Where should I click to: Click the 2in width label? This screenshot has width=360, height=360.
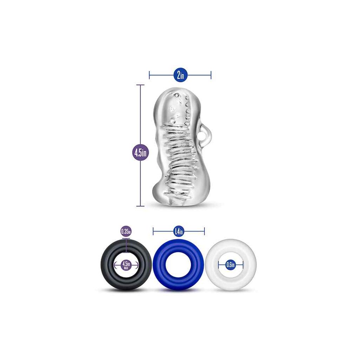tap(180, 75)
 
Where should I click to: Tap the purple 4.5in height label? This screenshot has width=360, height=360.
tap(141, 152)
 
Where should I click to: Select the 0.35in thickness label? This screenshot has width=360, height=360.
tap(126, 231)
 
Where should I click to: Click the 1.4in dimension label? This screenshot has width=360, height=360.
tap(179, 231)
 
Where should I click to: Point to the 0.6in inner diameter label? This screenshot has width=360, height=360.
tap(231, 265)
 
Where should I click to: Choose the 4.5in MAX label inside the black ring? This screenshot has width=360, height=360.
tap(126, 265)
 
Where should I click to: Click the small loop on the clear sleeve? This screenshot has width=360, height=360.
tap(203, 130)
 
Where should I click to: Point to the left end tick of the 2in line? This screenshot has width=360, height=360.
tap(149, 75)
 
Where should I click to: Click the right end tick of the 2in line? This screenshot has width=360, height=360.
tap(211, 75)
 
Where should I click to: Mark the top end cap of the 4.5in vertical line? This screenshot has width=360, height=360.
tap(140, 85)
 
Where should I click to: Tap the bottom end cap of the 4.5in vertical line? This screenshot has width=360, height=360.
tap(140, 206)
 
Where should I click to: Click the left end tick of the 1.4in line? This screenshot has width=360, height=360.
tap(153, 231)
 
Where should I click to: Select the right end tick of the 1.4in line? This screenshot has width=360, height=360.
tap(204, 231)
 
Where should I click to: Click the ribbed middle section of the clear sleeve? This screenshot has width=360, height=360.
tap(179, 156)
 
